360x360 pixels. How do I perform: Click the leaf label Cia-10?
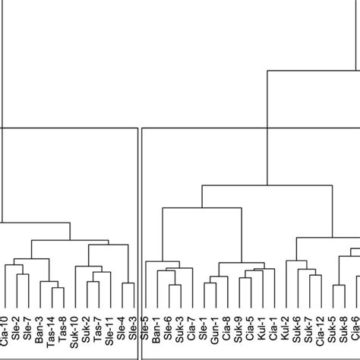5,334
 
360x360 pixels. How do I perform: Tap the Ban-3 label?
39,334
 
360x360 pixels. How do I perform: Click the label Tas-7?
98,334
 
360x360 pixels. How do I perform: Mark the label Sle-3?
134,334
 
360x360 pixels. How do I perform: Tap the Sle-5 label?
145,334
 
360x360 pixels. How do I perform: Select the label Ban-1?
156,334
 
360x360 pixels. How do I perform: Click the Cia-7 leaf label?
191,334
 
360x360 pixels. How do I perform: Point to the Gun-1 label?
215,334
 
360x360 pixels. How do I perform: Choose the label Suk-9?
238,334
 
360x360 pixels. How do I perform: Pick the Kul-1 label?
262,334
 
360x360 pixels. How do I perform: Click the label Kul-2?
286,334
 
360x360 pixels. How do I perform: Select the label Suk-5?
332,334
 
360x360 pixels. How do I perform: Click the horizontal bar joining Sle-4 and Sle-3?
128,283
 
